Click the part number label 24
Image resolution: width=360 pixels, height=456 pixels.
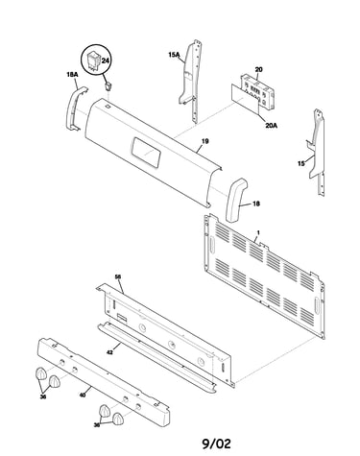coord(106,60)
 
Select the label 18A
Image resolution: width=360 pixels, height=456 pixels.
coord(72,74)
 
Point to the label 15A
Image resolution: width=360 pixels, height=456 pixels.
coord(174,55)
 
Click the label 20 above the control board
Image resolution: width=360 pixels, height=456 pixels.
coord(259,69)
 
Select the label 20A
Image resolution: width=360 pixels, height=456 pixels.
coord(271,126)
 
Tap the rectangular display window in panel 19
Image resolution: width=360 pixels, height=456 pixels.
coord(146,153)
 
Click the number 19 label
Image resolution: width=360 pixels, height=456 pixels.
coord(205,141)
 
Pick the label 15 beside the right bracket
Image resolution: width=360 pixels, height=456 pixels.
coord(301,163)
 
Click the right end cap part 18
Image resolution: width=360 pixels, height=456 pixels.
coord(236,200)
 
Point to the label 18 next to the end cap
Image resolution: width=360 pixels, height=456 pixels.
coord(256,204)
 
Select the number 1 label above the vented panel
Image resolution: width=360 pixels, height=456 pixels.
coord(258,232)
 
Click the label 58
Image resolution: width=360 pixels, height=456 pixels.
coord(118,276)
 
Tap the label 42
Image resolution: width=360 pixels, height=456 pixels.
coord(109,352)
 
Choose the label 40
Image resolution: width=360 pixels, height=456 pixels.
coord(83,396)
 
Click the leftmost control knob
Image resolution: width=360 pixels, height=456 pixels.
coord(40,373)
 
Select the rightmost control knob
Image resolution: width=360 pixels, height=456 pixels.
coord(118,419)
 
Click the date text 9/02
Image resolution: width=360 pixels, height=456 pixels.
coord(216,444)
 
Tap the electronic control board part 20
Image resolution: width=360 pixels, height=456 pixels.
coord(258,91)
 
